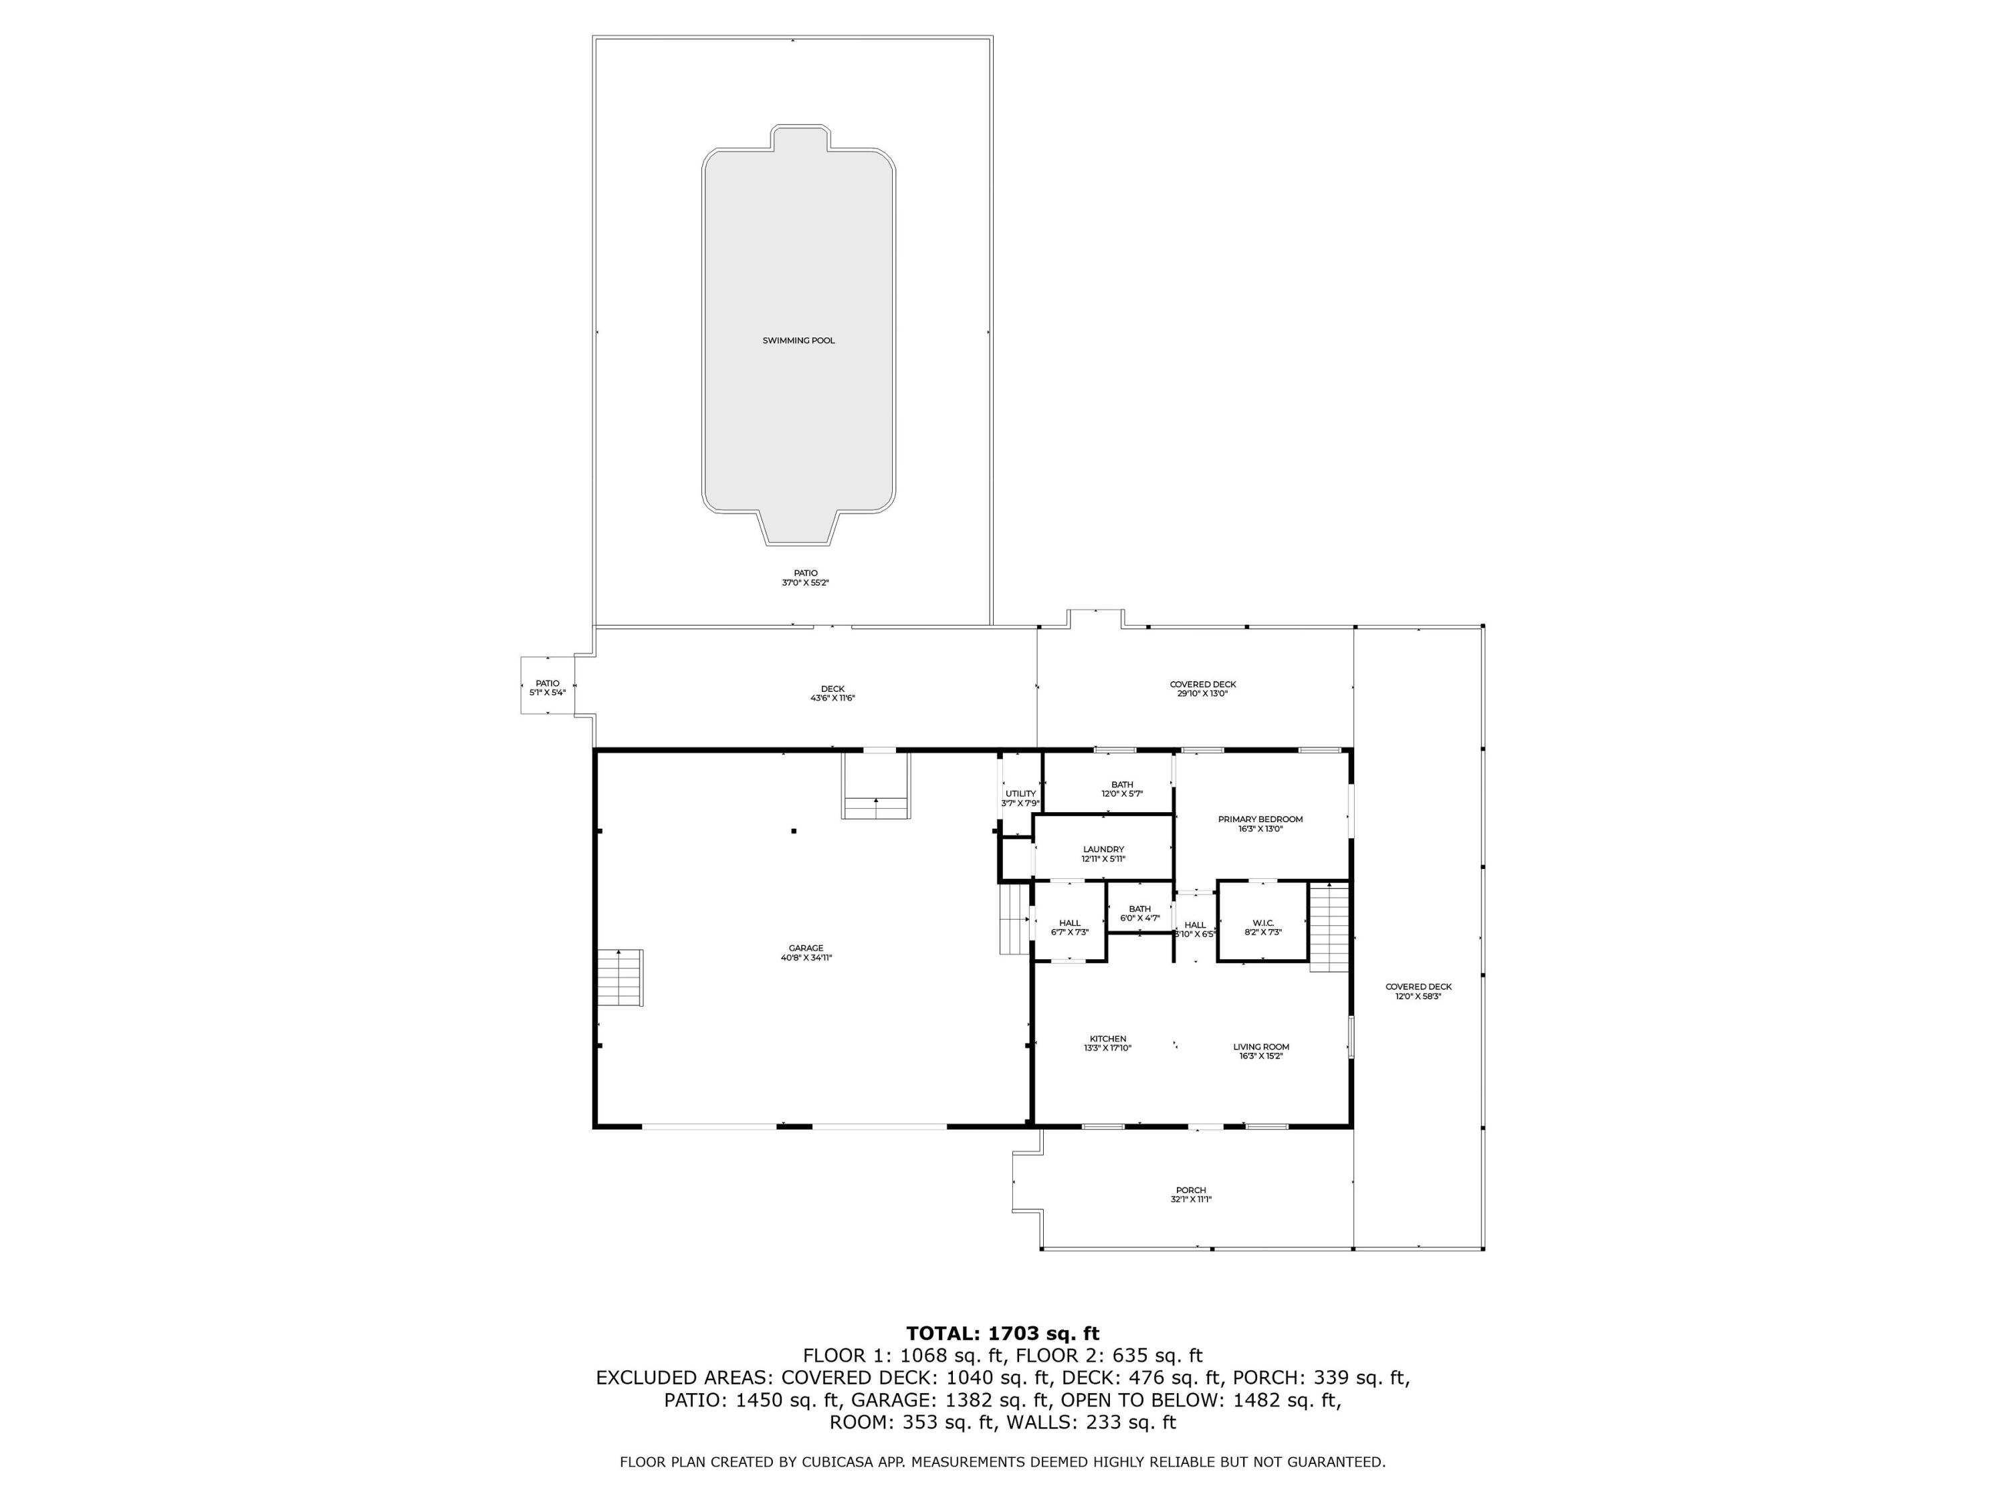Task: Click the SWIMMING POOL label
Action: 798,341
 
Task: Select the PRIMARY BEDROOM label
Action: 1260,820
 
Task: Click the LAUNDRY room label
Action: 1103,850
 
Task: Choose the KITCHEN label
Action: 1107,1039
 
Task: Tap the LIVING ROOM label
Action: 1260,1047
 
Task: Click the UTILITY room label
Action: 1020,794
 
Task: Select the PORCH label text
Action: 1191,1190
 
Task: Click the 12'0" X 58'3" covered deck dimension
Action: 1418,997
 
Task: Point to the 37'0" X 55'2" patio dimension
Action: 805,583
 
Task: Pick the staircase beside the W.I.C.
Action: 1329,926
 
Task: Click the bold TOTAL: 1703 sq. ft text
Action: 1002,1334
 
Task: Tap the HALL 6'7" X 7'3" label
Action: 1069,927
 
